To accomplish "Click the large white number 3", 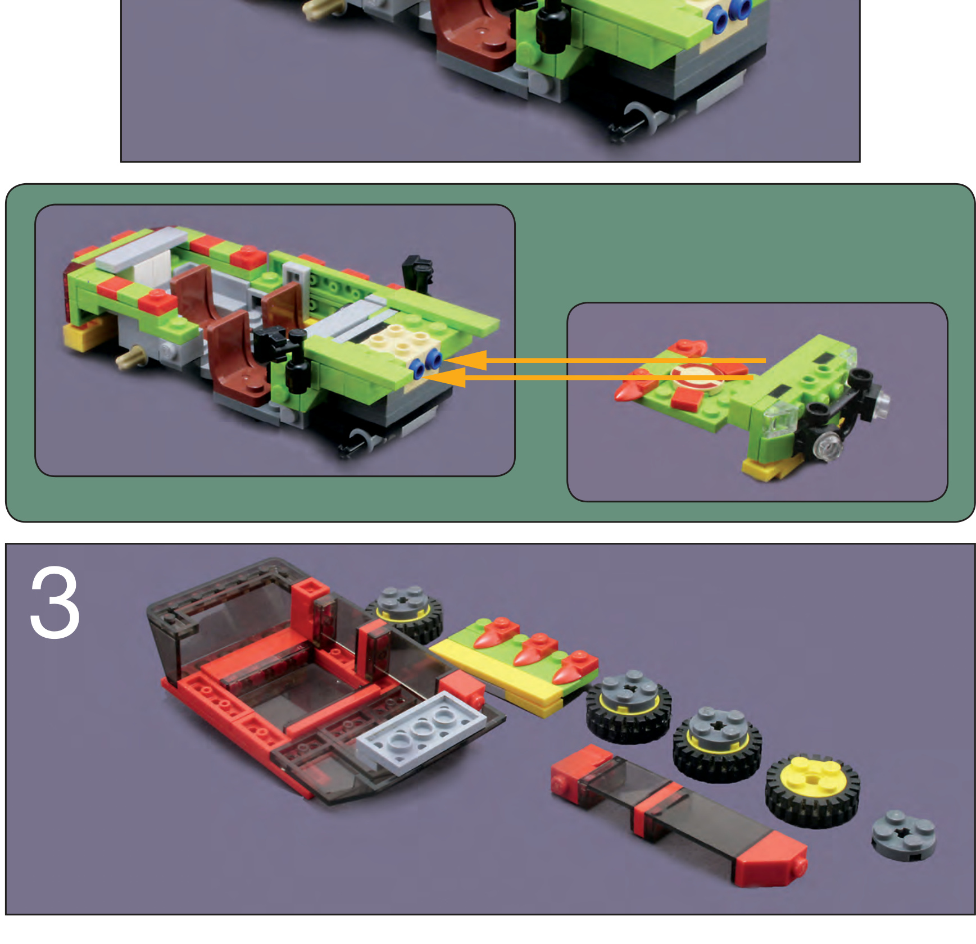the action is pos(55,602).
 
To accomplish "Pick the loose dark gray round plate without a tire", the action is pos(904,835).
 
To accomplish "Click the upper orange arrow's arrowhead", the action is pos(466,360).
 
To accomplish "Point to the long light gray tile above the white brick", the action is pos(142,248).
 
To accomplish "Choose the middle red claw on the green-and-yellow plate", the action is pos(533,650).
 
